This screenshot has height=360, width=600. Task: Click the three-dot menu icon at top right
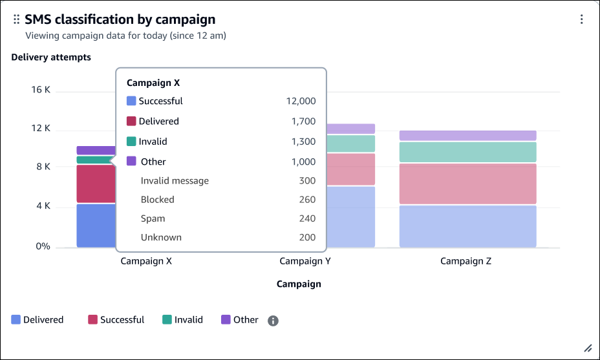(582, 19)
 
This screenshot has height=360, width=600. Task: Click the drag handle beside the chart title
(17, 20)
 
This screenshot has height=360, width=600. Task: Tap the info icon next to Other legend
(273, 321)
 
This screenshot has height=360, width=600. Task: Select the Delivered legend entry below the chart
(37, 320)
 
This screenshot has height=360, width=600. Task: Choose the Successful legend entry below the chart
(116, 320)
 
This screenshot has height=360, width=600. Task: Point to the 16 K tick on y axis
(41, 90)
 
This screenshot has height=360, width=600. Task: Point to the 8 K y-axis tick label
(43, 167)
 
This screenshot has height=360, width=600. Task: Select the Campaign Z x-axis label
(466, 262)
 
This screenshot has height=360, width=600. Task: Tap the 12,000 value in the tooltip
(301, 101)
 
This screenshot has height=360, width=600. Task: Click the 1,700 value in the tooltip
(303, 121)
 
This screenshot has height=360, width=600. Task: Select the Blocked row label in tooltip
(157, 200)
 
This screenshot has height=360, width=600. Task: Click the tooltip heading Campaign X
(153, 83)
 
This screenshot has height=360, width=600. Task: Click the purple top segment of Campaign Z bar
(467, 136)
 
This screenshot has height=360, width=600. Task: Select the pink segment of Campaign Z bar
(467, 184)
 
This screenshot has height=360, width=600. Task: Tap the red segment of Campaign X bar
(94, 184)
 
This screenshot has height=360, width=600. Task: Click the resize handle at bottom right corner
(588, 348)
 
